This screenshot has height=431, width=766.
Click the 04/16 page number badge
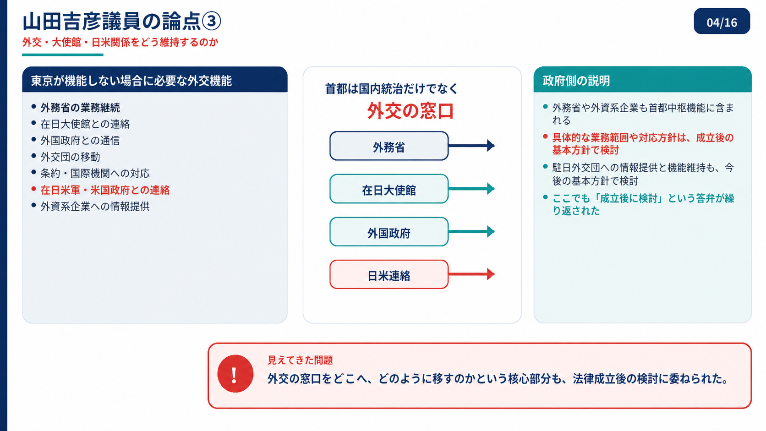click(722, 21)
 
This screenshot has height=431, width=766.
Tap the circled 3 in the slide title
click(211, 21)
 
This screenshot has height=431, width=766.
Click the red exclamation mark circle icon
click(235, 374)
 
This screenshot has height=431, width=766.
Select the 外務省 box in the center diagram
click(389, 146)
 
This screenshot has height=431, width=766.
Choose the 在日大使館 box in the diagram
click(389, 189)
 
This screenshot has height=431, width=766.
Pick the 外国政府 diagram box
click(389, 232)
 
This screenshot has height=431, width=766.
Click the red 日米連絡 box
click(389, 274)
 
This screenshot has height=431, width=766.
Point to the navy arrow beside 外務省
click(471, 146)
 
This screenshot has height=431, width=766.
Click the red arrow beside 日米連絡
click(471, 274)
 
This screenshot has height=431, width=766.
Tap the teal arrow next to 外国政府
click(471, 231)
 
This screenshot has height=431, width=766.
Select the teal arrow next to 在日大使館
click(471, 188)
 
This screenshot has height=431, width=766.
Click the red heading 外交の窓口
click(410, 111)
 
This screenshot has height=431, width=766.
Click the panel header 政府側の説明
click(576, 81)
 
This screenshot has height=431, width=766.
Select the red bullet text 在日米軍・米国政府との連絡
click(105, 190)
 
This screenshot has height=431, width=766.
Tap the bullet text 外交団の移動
click(70, 157)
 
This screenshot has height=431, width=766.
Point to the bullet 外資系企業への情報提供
click(95, 207)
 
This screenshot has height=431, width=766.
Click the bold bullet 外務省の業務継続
click(80, 108)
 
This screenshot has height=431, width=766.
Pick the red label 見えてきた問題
click(300, 360)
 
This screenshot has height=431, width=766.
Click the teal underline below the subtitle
click(63, 55)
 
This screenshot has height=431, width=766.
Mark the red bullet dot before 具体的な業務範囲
click(546, 136)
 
